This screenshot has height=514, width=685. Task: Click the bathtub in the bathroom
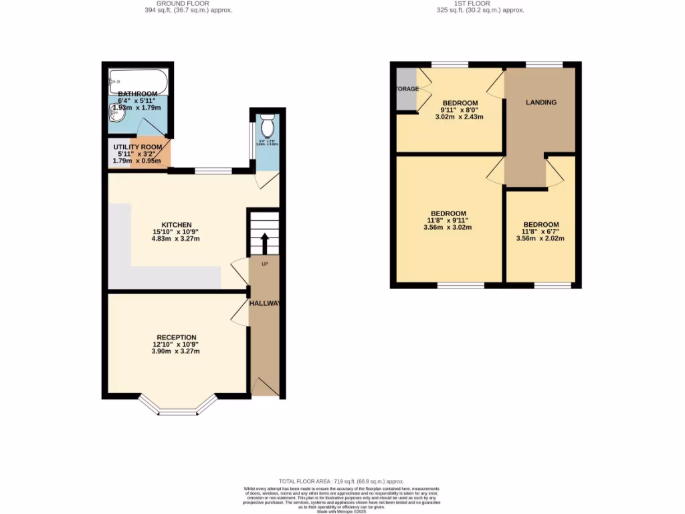tap(137, 82)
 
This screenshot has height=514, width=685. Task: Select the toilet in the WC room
tap(268, 126)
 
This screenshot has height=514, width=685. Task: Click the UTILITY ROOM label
tap(137, 147)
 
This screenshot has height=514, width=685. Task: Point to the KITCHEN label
tap(177, 225)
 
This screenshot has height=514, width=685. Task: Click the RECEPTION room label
tap(177, 337)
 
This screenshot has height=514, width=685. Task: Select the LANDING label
tap(541, 102)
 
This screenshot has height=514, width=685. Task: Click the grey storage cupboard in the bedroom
tap(405, 89)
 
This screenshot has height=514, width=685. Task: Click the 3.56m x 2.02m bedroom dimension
tap(541, 238)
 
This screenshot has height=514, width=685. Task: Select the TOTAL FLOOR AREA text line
tap(342, 481)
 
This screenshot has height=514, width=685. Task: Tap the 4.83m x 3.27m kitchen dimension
tap(177, 239)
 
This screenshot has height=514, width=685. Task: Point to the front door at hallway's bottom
tap(265, 386)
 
